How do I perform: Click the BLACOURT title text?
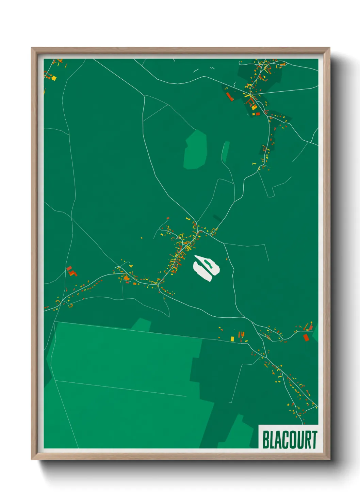(290, 439)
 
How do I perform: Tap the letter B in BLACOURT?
(266, 440)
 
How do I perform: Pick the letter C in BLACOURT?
(286, 440)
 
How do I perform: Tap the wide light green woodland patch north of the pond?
(195, 150)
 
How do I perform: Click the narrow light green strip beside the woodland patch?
(225, 152)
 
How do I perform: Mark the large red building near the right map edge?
(306, 337)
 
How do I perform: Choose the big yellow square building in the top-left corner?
(53, 78)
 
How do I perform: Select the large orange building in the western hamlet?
(127, 278)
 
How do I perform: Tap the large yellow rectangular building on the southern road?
(232, 338)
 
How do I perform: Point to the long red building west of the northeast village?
(229, 96)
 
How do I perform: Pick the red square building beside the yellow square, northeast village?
(258, 114)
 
